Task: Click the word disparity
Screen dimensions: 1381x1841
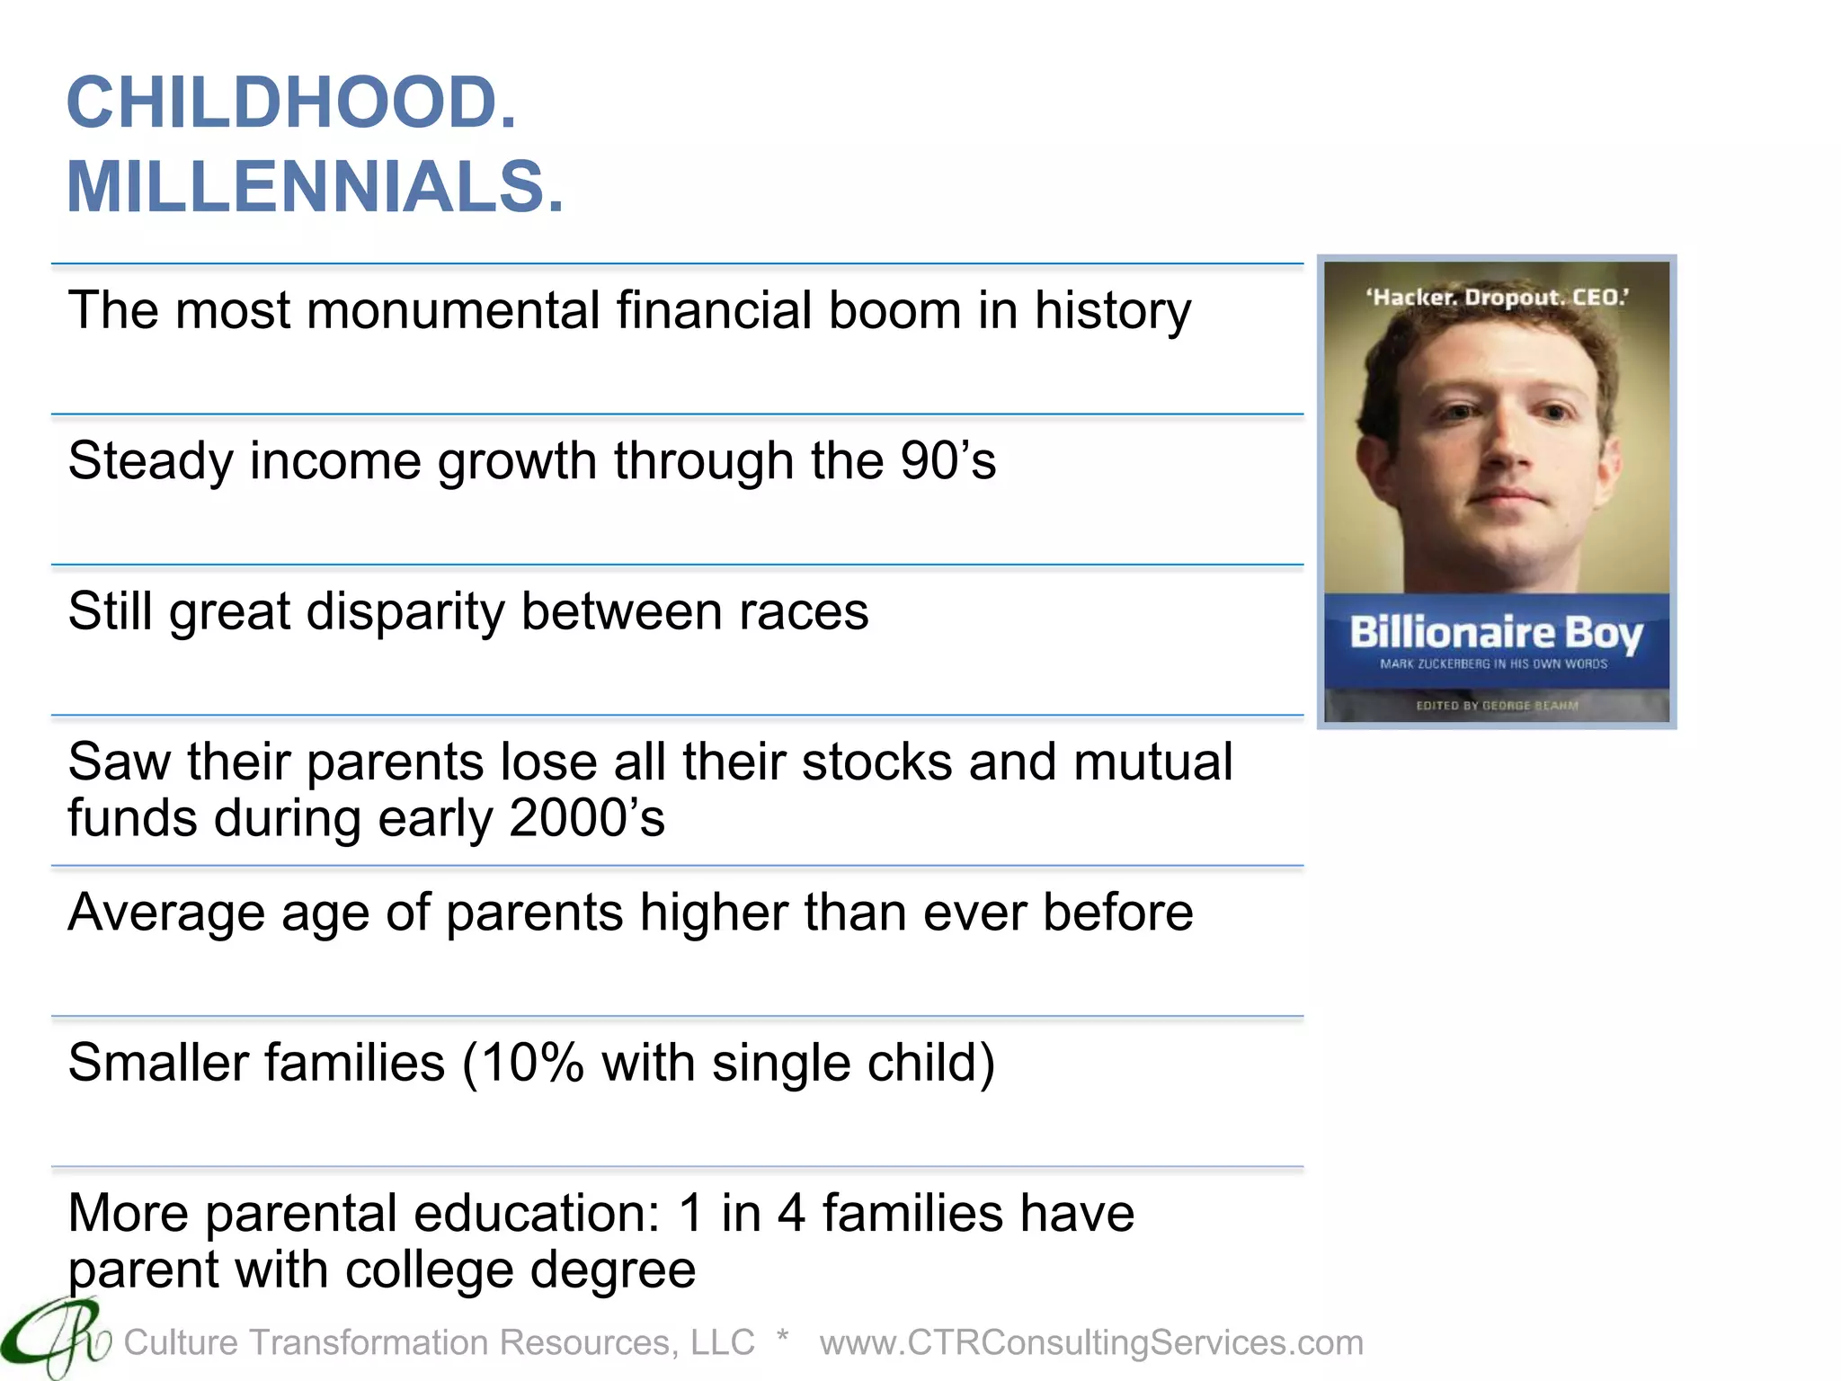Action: [x=405, y=613]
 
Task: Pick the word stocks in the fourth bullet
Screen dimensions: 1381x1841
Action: [x=876, y=762]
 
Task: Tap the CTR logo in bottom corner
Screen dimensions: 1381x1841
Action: [x=54, y=1340]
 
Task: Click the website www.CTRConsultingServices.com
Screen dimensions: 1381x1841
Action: [x=1091, y=1342]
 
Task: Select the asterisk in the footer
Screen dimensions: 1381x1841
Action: [x=783, y=1337]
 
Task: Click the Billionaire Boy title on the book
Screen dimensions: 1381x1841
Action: [x=1496, y=633]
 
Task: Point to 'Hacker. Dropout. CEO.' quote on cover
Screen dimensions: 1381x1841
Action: [x=1497, y=297]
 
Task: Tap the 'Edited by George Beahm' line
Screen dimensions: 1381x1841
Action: [x=1497, y=706]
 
